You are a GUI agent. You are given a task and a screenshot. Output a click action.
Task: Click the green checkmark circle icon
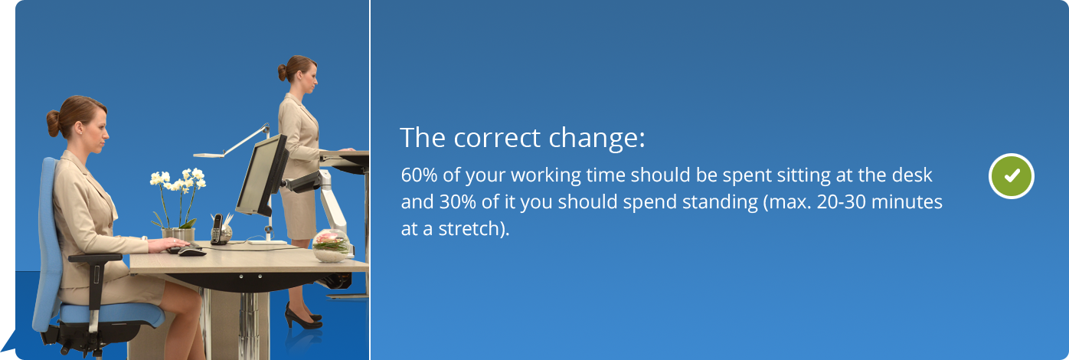click(1012, 175)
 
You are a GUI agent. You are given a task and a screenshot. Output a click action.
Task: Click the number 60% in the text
click(419, 175)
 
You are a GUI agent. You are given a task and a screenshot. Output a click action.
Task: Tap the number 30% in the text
click(458, 202)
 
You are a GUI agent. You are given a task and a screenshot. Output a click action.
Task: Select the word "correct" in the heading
click(497, 138)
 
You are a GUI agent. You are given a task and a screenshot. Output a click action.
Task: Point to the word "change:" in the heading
click(597, 139)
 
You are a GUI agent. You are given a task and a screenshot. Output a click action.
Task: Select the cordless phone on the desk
click(217, 229)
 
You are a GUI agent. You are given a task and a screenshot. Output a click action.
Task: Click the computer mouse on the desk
click(192, 252)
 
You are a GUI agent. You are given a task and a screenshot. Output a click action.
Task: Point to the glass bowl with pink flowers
click(331, 246)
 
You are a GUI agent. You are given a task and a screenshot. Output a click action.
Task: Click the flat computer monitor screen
click(262, 175)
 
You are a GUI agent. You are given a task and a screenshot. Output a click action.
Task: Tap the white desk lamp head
click(208, 155)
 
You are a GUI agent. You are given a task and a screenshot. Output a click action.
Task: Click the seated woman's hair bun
click(53, 123)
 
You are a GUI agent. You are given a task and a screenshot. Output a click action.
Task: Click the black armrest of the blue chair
click(95, 258)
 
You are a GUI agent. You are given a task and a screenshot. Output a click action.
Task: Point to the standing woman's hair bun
click(282, 73)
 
